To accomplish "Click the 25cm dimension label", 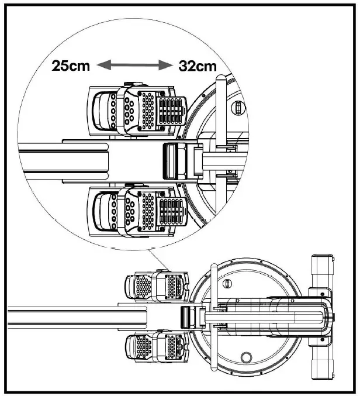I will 71,66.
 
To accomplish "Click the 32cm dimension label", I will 197,66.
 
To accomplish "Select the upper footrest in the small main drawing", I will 154,286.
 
